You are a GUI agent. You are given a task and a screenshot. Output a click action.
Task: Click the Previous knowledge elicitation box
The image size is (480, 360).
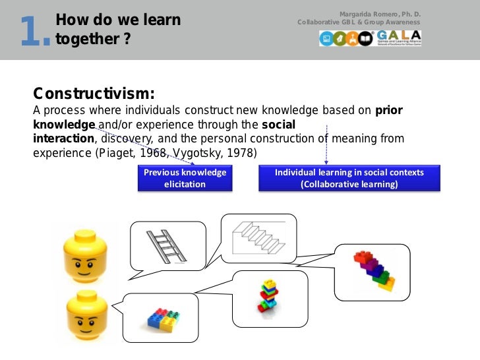click(185, 178)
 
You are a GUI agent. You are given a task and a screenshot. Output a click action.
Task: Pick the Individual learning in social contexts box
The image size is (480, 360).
click(349, 178)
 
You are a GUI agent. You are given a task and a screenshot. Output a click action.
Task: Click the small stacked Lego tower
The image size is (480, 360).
click(267, 295)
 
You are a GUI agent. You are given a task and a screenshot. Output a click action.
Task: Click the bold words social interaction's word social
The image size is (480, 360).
click(278, 125)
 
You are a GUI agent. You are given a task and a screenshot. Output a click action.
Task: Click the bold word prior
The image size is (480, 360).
click(389, 110)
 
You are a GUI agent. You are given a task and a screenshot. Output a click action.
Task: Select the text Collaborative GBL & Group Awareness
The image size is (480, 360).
click(359, 22)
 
